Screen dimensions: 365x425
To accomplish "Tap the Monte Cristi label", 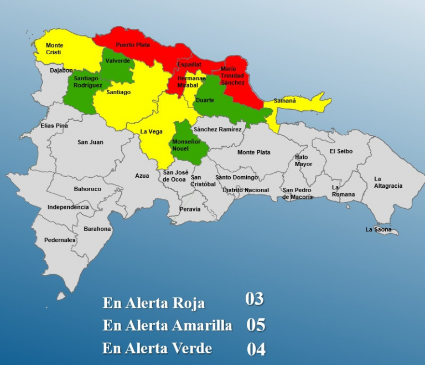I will [x=54, y=49].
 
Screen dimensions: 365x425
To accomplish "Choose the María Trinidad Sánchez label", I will [x=232, y=75].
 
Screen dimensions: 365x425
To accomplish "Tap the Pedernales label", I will [x=60, y=240].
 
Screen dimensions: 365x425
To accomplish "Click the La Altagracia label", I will [x=388, y=182].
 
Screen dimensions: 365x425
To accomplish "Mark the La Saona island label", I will [x=378, y=229].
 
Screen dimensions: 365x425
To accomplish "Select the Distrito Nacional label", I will [x=245, y=190].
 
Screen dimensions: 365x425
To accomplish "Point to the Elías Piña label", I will [x=54, y=126].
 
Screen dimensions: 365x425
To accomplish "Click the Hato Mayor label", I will [x=303, y=161].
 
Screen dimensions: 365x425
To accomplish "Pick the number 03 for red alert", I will [x=255, y=300].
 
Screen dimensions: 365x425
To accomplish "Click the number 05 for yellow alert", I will [x=256, y=325].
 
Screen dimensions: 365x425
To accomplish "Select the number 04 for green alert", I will [x=256, y=349].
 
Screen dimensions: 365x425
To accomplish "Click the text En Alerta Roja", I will [x=153, y=303].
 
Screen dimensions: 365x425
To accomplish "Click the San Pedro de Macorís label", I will [x=297, y=193].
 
